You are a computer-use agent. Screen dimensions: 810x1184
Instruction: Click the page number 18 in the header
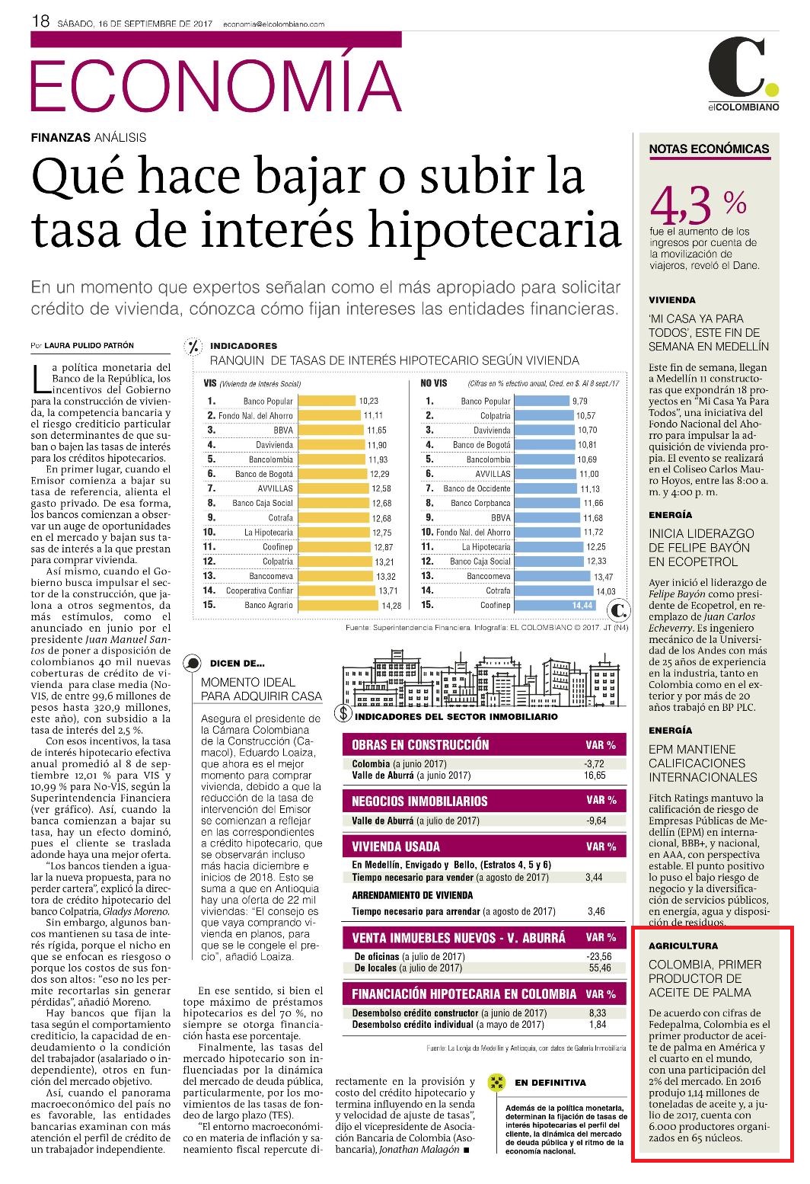click(x=40, y=21)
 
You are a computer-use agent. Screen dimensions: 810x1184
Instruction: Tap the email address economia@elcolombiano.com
click(x=273, y=24)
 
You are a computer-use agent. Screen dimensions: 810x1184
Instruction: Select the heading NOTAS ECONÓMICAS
click(x=709, y=149)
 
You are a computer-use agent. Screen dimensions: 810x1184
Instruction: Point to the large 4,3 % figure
click(x=697, y=206)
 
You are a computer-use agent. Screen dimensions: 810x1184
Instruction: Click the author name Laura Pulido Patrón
click(x=89, y=345)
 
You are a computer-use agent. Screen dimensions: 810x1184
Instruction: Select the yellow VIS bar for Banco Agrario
click(x=339, y=605)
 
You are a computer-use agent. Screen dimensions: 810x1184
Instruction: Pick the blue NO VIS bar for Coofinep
click(x=555, y=605)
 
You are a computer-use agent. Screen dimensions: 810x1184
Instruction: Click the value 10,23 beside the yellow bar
click(x=368, y=402)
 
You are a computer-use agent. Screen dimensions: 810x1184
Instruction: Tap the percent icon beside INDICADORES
click(x=194, y=347)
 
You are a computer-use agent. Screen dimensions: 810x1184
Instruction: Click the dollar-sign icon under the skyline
click(x=343, y=713)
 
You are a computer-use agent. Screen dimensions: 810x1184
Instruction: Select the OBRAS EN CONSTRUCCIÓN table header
click(x=484, y=744)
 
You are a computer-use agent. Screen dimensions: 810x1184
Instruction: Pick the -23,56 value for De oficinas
click(x=599, y=956)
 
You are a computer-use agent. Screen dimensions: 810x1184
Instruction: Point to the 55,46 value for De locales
click(x=600, y=968)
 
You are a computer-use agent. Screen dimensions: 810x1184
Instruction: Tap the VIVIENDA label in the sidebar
click(x=671, y=300)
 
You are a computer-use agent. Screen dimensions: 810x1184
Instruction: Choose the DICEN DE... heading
click(x=237, y=664)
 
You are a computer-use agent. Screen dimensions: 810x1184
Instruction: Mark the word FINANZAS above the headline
click(x=61, y=137)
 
